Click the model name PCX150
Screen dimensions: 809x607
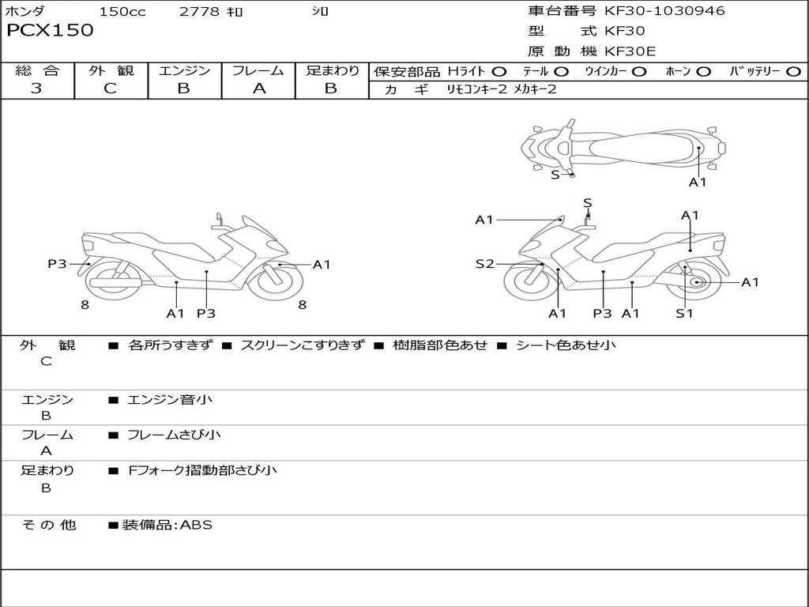coord(50,30)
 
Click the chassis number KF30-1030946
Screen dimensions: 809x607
coord(664,11)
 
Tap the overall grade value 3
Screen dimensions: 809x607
coord(36,89)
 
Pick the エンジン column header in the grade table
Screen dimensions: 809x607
coord(184,70)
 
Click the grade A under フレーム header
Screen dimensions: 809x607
coord(258,89)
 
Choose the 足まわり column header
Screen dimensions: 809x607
coord(332,70)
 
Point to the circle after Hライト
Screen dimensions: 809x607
coord(499,71)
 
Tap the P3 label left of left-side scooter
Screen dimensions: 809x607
coord(57,264)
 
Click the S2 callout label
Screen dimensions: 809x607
coord(484,264)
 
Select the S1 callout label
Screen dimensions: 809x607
coord(684,313)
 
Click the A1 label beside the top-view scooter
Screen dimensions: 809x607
coord(698,182)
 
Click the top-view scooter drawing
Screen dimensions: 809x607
coord(624,146)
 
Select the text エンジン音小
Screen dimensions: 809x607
coord(170,400)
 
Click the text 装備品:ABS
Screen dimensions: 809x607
coord(167,525)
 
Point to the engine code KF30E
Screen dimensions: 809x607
coord(630,51)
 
